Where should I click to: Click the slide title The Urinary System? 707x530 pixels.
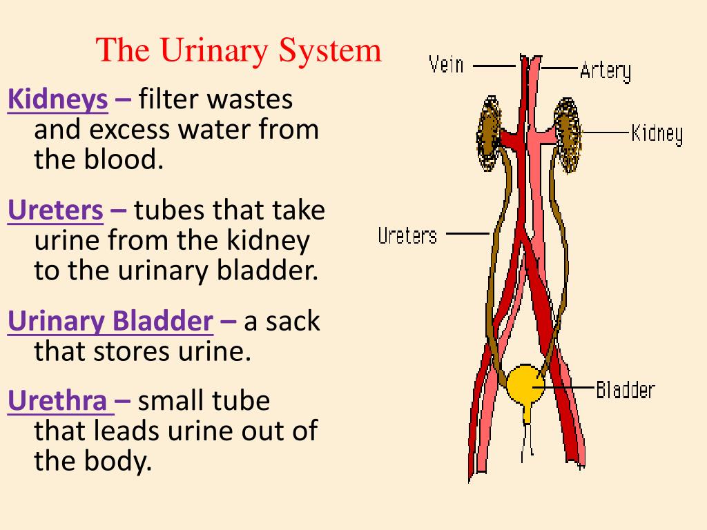click(239, 50)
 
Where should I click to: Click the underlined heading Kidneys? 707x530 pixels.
click(58, 101)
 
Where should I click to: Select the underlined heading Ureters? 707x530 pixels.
click(56, 211)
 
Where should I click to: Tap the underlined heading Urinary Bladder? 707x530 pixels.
click(110, 322)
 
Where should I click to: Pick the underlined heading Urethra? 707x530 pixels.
click(61, 401)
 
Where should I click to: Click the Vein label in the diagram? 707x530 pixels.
click(446, 66)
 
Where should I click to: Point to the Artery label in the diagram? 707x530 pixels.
click(605, 70)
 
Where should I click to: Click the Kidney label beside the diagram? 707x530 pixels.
click(657, 132)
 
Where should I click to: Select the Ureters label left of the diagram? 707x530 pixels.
click(407, 236)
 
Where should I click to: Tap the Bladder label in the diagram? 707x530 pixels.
click(625, 390)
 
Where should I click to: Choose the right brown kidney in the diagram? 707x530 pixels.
click(568, 135)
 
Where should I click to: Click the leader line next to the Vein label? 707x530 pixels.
click(494, 66)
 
